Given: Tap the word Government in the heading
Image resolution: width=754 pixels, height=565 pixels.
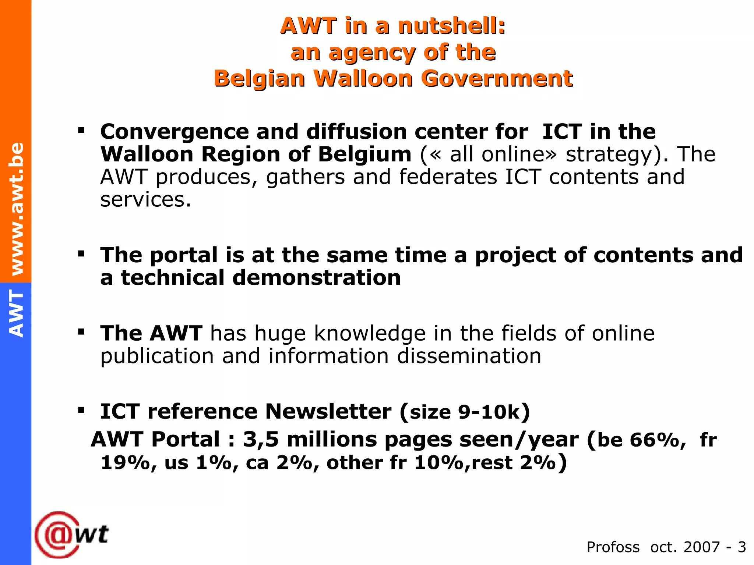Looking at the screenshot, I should [497, 78].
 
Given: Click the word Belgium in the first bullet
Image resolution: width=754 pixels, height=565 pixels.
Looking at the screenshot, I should [364, 154].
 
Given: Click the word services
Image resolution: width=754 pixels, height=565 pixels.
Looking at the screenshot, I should [145, 200].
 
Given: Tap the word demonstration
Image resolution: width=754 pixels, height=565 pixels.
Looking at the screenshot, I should [316, 278].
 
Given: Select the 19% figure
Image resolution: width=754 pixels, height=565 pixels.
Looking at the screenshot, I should [125, 462].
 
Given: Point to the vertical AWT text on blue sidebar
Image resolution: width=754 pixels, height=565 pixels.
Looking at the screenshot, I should [16, 313].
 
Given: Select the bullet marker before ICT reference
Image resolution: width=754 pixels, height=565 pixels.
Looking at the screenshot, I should [81, 410].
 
